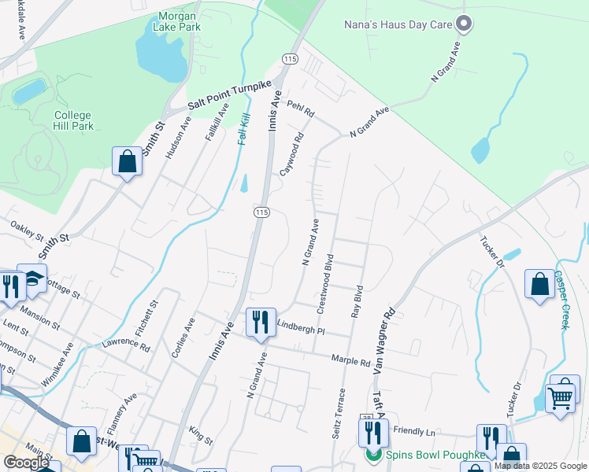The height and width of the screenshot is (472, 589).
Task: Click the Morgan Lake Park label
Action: [179, 21]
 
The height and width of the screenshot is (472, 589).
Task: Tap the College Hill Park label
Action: [73, 120]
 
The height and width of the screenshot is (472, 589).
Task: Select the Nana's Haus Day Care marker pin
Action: [464, 24]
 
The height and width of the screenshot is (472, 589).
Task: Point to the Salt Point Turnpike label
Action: [229, 95]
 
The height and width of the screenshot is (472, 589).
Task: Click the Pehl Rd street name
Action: [301, 109]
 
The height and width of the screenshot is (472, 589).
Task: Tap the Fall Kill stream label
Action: [243, 125]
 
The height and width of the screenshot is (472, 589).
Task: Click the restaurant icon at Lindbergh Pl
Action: [261, 323]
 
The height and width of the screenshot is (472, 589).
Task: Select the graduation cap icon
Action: [31, 279]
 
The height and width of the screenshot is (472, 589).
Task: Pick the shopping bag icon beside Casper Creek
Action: [540, 285]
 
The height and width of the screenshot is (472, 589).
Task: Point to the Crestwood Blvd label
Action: [325, 281]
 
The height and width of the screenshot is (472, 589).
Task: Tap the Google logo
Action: [27, 463]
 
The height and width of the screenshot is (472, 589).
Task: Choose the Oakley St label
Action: [27, 230]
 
